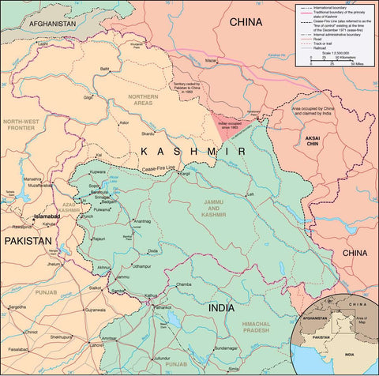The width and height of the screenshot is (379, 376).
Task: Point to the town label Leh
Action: point(251,194)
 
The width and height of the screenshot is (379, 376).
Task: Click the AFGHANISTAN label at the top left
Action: point(53,24)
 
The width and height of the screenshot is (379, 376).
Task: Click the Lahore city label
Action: point(97,345)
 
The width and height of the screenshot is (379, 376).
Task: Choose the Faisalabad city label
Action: point(20,348)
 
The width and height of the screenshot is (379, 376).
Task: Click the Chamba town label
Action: point(184,283)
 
